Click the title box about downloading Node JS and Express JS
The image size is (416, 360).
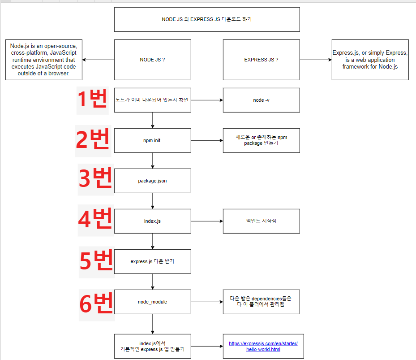click(207, 20)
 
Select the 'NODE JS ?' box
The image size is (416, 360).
click(153, 60)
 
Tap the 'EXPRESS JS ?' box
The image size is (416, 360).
click(261, 60)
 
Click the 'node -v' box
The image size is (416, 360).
click(261, 100)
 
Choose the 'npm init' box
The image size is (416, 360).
click(153, 140)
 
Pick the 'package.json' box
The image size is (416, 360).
click(153, 181)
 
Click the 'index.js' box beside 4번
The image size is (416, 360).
click(153, 221)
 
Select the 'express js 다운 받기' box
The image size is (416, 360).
click(153, 261)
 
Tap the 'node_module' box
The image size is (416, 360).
click(153, 302)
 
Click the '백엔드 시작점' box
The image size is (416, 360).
click(261, 221)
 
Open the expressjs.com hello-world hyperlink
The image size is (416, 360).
click(263, 346)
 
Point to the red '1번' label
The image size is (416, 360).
click(92, 100)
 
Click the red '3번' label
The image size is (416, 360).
click(96, 179)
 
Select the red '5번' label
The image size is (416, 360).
click(97, 261)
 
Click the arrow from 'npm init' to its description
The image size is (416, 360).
click(207, 140)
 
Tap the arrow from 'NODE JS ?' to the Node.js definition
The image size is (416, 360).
click(98, 60)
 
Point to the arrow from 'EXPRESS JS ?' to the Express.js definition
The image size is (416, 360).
click(316, 60)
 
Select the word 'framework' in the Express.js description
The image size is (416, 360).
click(352, 66)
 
